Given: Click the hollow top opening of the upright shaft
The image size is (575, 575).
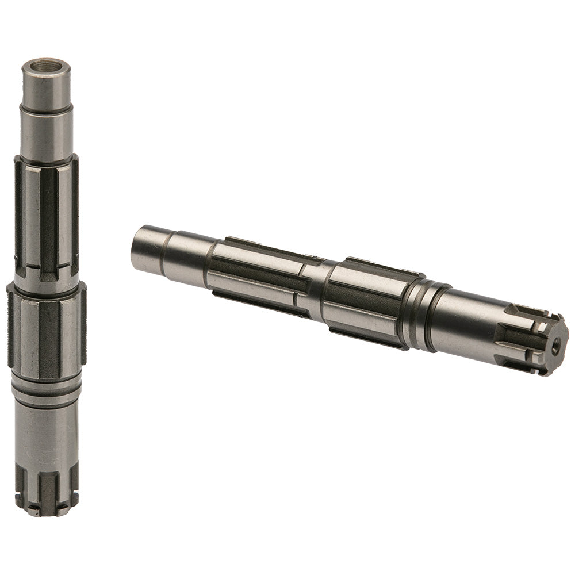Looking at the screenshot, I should coord(46,63).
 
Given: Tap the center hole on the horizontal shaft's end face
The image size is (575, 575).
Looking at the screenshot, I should coord(555,348).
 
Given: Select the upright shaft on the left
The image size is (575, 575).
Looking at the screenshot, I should coord(46,287).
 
